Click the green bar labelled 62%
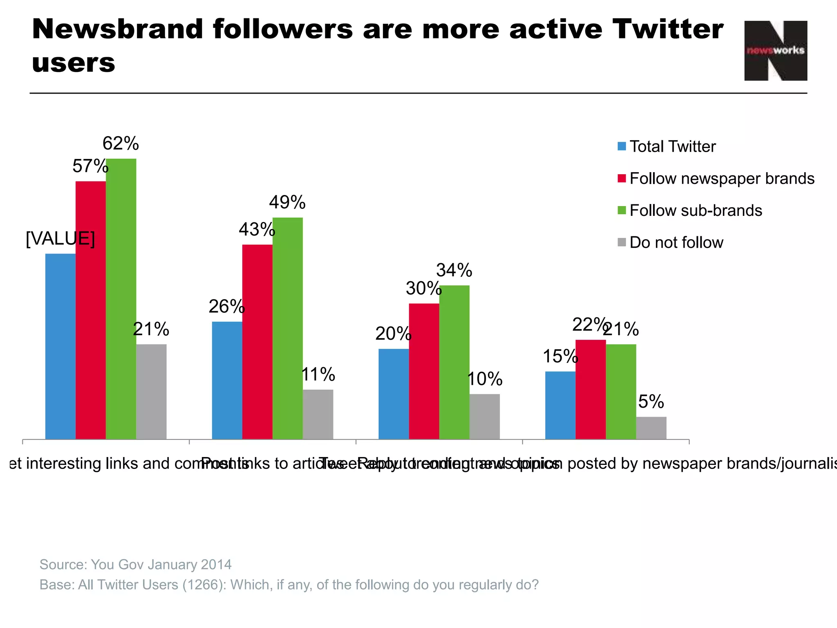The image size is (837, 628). (x=121, y=298)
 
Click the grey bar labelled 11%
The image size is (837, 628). (x=318, y=414)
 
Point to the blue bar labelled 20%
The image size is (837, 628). (x=394, y=394)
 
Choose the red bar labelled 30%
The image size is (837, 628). (x=424, y=371)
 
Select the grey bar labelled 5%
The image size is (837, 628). (x=651, y=428)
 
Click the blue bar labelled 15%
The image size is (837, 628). (x=560, y=405)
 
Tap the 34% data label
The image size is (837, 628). (x=454, y=270)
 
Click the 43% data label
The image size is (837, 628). (x=257, y=229)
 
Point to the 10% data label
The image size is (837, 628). (x=484, y=379)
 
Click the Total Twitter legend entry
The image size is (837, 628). (x=672, y=146)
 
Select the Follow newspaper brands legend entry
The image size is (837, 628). (x=722, y=179)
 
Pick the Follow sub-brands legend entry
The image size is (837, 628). (x=696, y=211)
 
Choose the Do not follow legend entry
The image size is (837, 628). (x=676, y=242)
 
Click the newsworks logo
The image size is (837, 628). (x=775, y=51)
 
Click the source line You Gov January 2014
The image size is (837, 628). (x=136, y=565)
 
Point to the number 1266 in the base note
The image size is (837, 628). (x=202, y=585)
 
